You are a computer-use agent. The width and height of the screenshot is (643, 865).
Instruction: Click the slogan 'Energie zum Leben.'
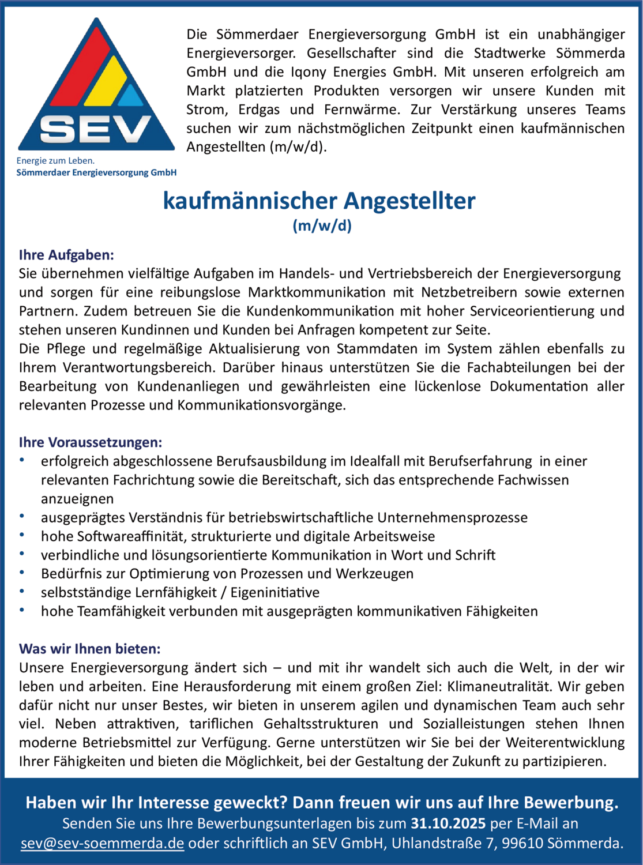tap(55, 161)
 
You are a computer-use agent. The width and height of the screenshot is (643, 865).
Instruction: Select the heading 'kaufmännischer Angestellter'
tap(319, 201)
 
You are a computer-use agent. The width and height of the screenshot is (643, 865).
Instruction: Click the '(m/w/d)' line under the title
tap(322, 225)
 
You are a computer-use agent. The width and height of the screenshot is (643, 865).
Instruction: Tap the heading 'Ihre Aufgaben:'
tap(66, 255)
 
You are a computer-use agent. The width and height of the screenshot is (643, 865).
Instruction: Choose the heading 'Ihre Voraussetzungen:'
tap(91, 442)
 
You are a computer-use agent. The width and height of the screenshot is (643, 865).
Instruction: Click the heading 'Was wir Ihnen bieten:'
tap(89, 649)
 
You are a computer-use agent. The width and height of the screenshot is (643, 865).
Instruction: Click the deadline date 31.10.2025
tap(448, 823)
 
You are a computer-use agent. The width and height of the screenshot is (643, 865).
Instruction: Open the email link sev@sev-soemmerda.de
tap(102, 843)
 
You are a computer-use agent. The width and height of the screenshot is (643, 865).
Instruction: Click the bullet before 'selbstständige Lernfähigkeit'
tap(22, 592)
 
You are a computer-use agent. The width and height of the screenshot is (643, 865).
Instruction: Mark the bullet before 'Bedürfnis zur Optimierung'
tap(22, 573)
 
